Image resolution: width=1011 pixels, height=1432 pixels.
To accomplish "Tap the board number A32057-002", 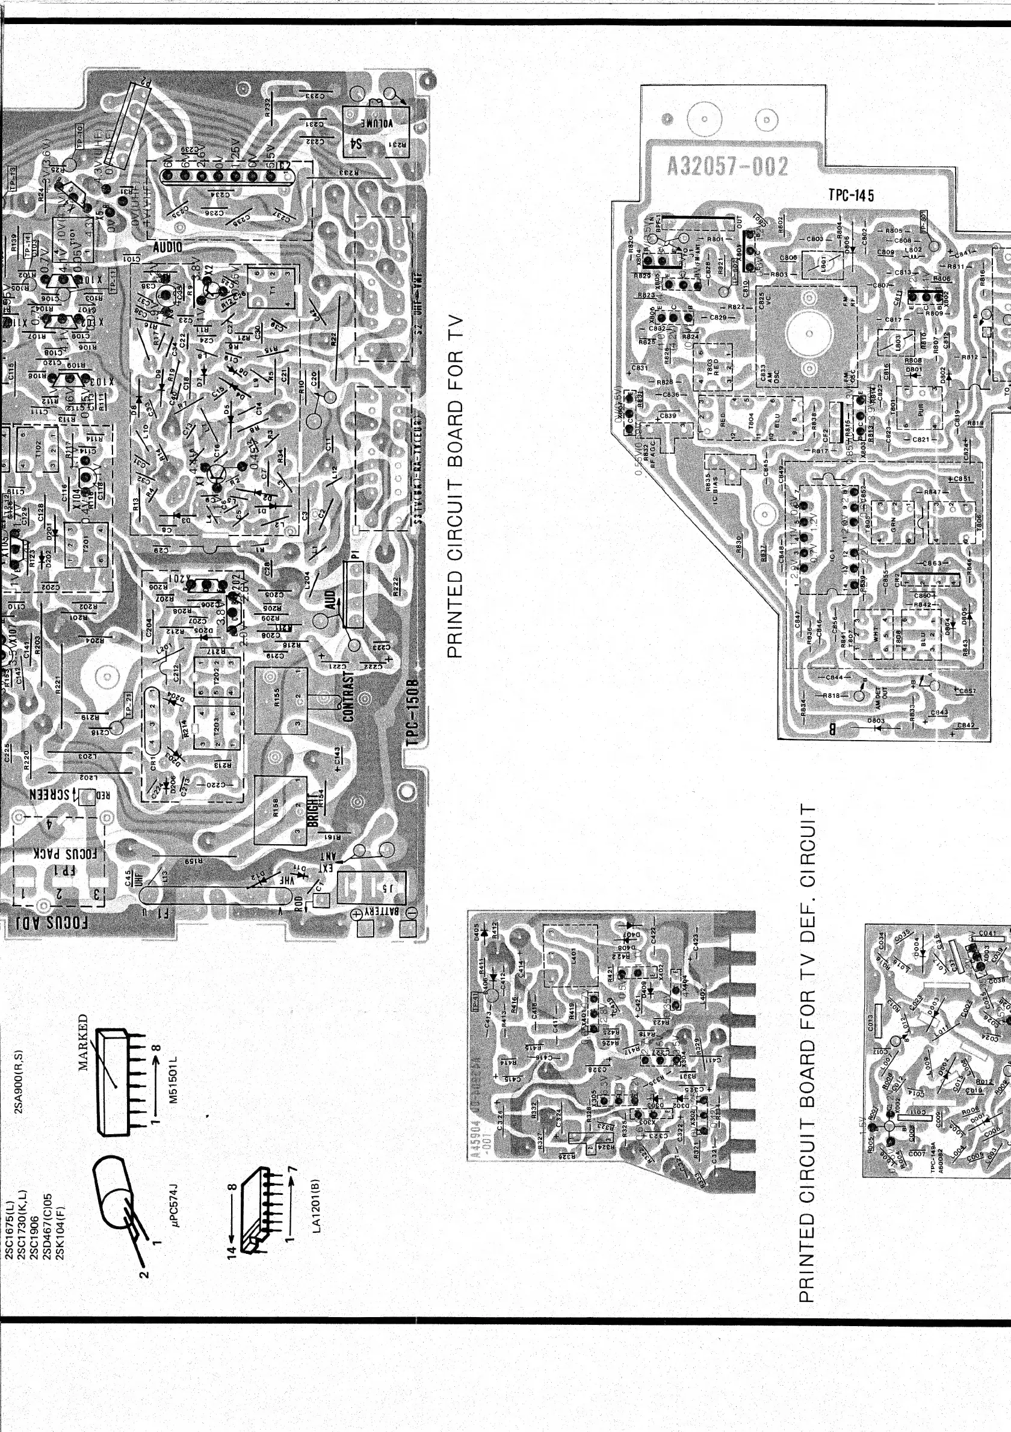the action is [x=727, y=166].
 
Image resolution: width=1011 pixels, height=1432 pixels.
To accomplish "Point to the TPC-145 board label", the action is [x=852, y=194].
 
